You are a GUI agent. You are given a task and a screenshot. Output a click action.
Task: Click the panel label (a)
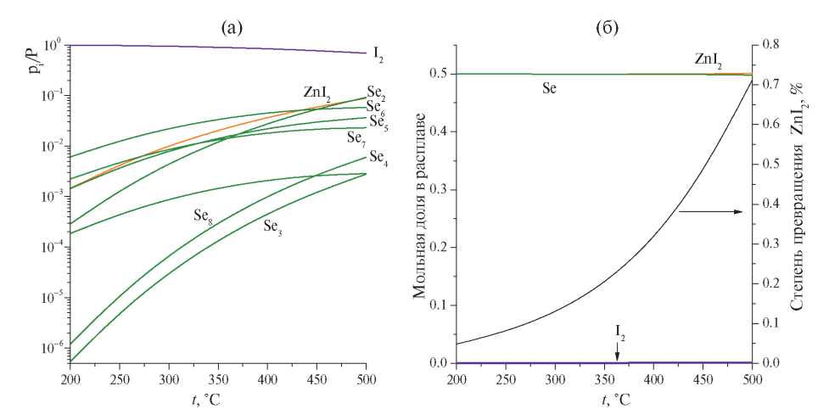[232, 28]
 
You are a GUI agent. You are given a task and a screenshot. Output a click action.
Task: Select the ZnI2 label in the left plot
[316, 92]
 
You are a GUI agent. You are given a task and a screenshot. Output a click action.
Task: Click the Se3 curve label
[272, 227]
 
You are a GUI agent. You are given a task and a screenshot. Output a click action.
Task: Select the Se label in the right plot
[550, 87]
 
